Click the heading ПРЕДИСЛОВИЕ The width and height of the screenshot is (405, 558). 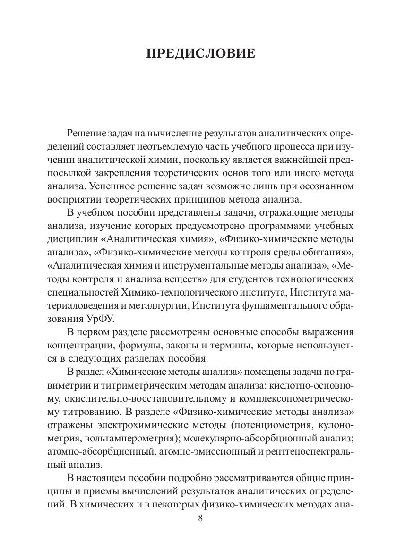coord(202,53)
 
